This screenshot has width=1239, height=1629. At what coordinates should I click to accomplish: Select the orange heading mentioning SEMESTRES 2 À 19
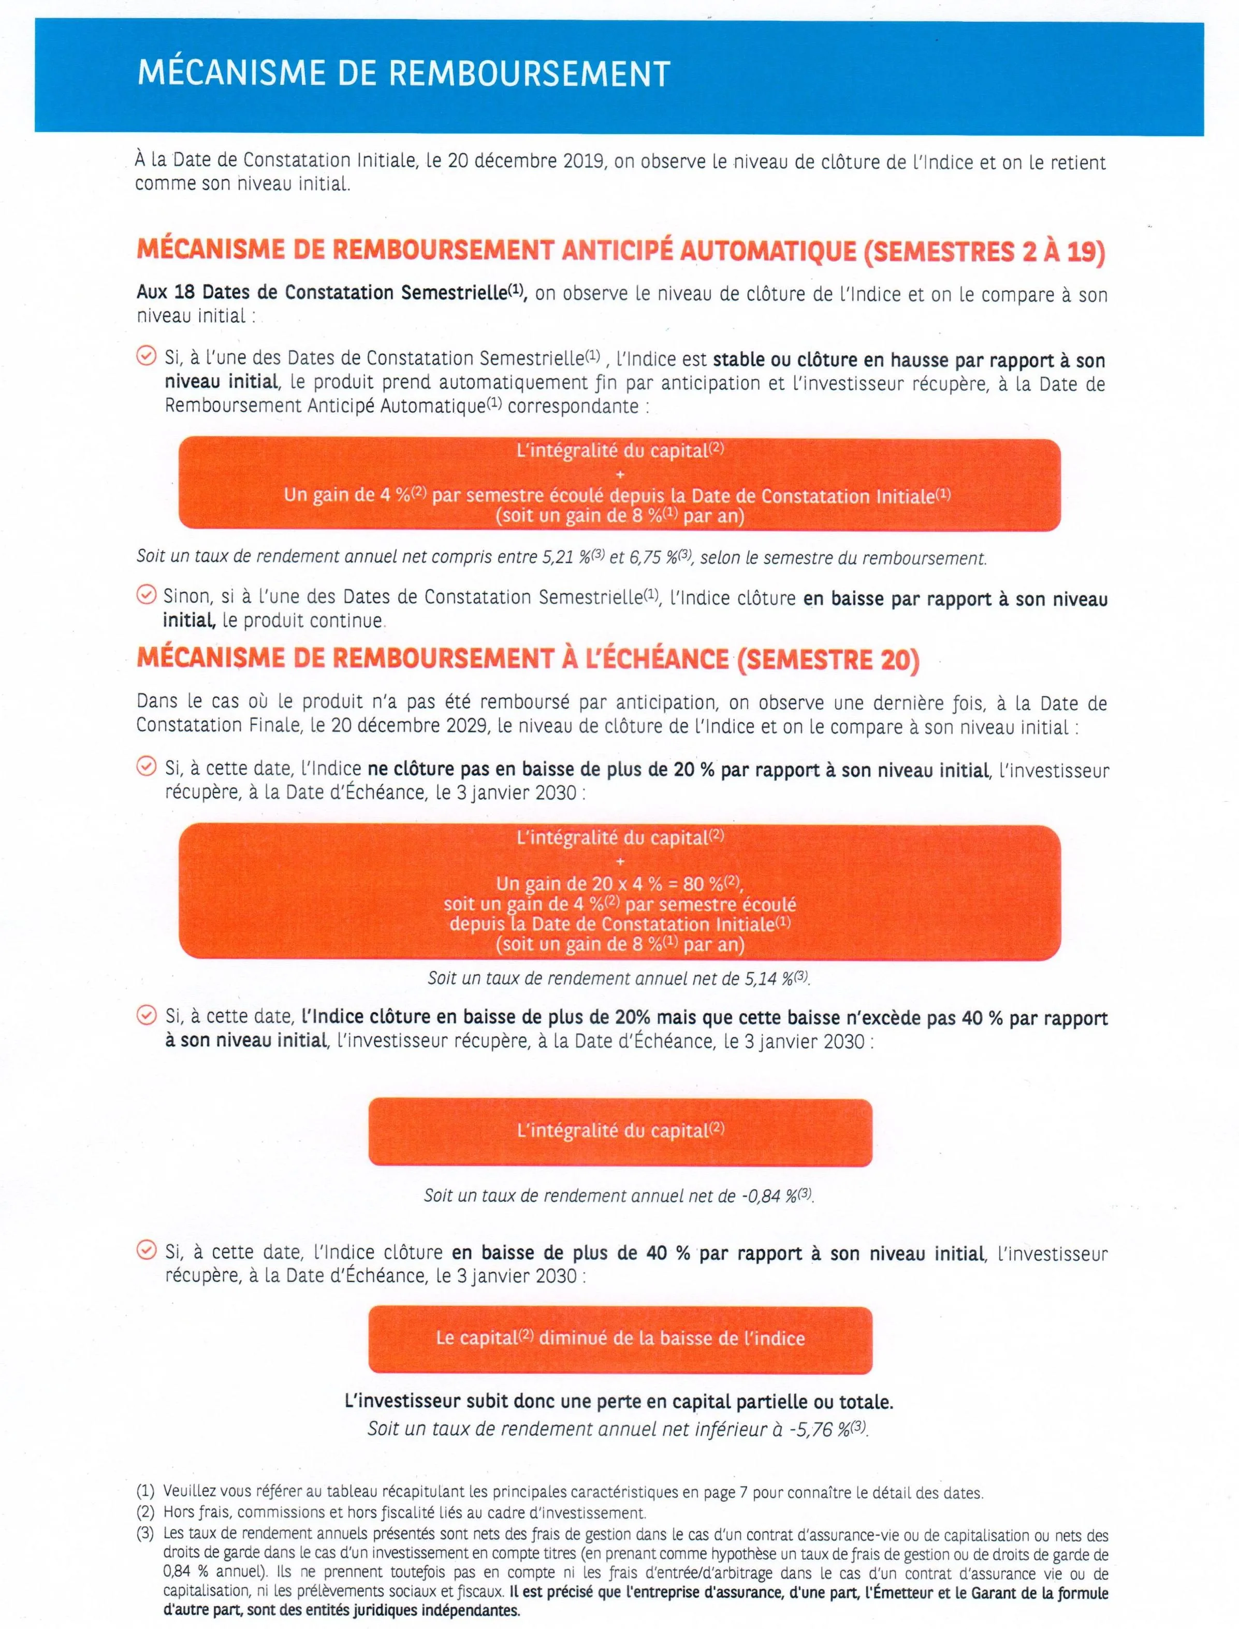coord(621,251)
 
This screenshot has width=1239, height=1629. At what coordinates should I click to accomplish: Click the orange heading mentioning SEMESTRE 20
coord(528,658)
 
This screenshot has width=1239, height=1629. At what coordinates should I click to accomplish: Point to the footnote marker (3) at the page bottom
coord(145,1534)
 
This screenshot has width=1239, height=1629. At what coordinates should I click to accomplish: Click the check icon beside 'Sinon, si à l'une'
coord(147,595)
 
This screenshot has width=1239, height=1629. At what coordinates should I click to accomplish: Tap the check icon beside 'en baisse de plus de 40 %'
coord(147,1250)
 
